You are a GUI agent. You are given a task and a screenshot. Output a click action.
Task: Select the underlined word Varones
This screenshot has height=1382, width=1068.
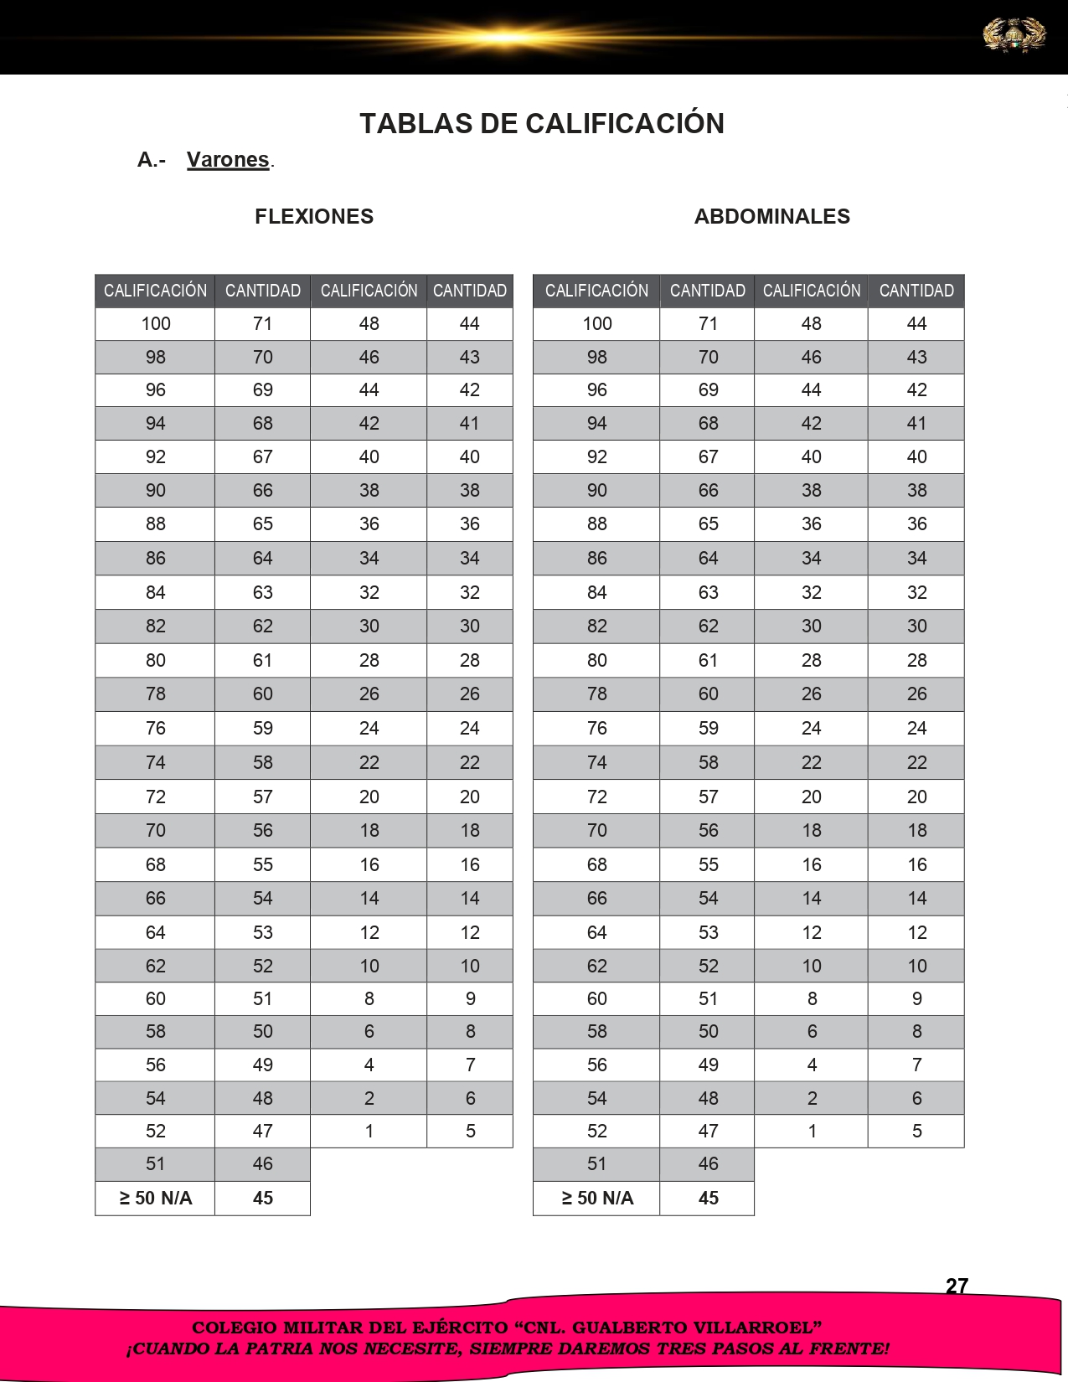(x=228, y=160)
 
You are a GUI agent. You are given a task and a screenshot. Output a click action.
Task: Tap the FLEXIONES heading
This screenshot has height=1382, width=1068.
(x=314, y=217)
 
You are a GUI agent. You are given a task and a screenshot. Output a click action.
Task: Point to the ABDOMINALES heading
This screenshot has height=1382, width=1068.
(x=771, y=217)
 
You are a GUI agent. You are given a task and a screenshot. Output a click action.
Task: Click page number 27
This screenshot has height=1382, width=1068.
(x=957, y=1287)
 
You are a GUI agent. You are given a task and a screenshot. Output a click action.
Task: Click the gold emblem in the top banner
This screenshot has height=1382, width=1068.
(x=1014, y=35)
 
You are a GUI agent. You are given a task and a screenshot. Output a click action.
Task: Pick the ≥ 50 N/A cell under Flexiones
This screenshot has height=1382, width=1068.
(x=156, y=1199)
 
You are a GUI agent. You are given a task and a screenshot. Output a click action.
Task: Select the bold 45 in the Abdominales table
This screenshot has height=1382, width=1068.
(x=708, y=1199)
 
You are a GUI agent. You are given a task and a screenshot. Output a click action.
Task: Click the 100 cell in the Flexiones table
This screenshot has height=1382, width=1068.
(x=156, y=324)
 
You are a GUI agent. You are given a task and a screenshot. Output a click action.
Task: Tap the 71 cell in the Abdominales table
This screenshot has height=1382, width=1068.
(x=708, y=324)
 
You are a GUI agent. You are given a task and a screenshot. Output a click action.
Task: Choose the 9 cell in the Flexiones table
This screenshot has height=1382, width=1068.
(x=470, y=999)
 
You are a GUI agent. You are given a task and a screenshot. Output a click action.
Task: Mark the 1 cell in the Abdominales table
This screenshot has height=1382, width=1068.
(x=812, y=1132)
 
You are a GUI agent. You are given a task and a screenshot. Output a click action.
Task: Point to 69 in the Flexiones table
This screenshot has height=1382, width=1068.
(x=263, y=390)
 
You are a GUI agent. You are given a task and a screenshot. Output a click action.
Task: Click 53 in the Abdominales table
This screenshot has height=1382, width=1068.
(x=708, y=933)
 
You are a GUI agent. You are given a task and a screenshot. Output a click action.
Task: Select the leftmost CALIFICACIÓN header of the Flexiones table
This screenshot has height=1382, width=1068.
(x=155, y=291)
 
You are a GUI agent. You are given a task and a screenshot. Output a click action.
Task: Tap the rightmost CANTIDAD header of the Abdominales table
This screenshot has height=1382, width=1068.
(x=916, y=291)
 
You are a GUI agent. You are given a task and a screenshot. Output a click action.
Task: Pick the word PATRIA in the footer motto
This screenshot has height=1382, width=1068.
(x=285, y=1349)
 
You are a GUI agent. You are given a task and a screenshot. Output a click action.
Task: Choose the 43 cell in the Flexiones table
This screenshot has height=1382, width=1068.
(x=470, y=358)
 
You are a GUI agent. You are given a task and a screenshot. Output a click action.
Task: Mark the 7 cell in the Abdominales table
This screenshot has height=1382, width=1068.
(x=916, y=1065)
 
